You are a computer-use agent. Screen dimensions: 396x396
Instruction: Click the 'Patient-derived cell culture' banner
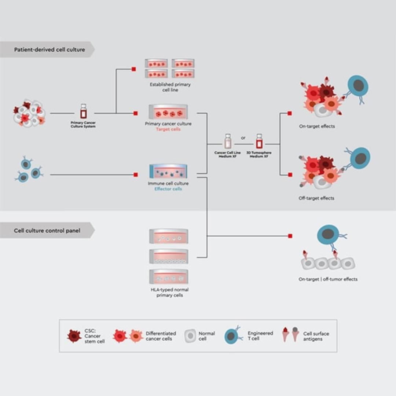click(x=49, y=49)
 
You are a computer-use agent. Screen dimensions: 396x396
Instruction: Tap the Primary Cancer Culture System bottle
click(x=83, y=111)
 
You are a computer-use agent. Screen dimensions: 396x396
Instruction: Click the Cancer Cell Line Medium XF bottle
click(x=228, y=141)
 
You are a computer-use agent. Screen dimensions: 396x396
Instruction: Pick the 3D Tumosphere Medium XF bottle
click(x=259, y=141)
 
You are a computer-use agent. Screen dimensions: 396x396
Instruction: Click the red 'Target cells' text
click(x=168, y=129)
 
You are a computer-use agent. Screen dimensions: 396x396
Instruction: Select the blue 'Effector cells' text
click(x=168, y=189)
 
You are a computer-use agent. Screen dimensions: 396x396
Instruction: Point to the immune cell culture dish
click(x=168, y=171)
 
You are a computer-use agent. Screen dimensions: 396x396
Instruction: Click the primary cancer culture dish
click(x=168, y=112)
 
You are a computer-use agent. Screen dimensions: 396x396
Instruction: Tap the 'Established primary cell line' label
click(x=170, y=87)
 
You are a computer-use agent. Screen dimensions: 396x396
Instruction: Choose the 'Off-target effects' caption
click(x=316, y=198)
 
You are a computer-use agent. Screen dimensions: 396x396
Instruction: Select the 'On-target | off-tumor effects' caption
click(x=328, y=279)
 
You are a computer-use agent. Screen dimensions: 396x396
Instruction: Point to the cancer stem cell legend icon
click(x=74, y=336)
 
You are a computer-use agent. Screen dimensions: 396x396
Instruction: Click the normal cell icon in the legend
click(x=190, y=336)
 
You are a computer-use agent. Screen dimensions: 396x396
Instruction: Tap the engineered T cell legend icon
click(x=232, y=336)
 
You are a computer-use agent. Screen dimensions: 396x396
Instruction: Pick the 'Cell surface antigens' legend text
click(x=316, y=336)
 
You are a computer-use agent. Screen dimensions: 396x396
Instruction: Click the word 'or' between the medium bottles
click(x=243, y=138)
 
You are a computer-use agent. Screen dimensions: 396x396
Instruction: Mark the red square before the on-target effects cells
click(x=290, y=113)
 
